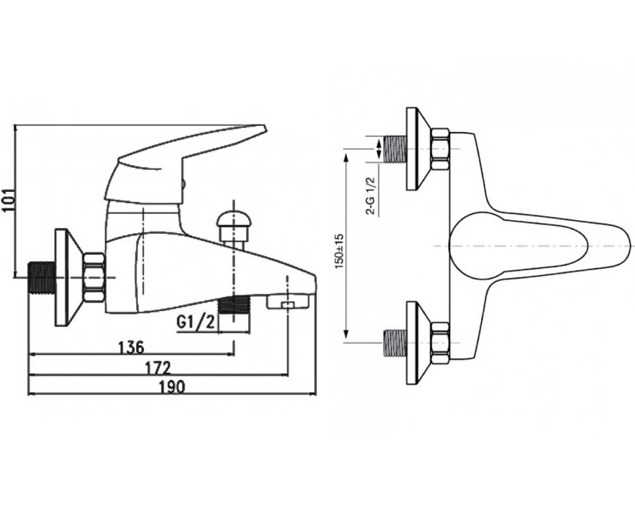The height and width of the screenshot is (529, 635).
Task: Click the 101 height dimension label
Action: [x=9, y=200]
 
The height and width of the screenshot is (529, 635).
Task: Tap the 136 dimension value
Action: [x=131, y=347]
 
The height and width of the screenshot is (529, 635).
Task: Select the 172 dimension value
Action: [x=158, y=368]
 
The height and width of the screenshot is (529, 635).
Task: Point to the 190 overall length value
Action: [x=172, y=387]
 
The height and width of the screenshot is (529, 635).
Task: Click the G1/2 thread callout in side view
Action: [x=196, y=322]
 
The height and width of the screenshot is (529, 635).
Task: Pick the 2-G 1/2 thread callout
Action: [x=371, y=196]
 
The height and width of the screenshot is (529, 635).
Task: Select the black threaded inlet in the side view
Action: [x=42, y=278]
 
